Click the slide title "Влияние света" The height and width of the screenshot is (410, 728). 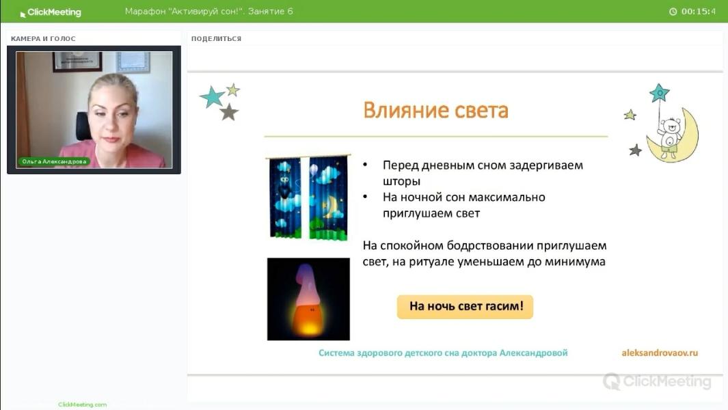pyautogui.click(x=435, y=111)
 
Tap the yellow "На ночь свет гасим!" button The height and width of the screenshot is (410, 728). pyautogui.click(x=465, y=307)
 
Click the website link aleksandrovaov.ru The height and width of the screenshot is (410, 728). pyautogui.click(x=659, y=353)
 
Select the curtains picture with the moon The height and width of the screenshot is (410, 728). pyautogui.click(x=308, y=197)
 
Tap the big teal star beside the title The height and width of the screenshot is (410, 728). pyautogui.click(x=212, y=98)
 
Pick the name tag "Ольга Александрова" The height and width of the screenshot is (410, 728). pyautogui.click(x=54, y=162)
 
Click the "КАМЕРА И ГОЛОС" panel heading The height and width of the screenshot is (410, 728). pyautogui.click(x=43, y=39)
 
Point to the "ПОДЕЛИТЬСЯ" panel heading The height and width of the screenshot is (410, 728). pyautogui.click(x=216, y=39)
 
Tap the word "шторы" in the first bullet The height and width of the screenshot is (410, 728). pyautogui.click(x=401, y=182)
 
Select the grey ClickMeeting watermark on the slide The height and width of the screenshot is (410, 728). pyautogui.click(x=656, y=381)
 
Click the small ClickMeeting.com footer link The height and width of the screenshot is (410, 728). pyautogui.click(x=82, y=405)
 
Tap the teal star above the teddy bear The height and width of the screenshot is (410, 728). pyautogui.click(x=659, y=92)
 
